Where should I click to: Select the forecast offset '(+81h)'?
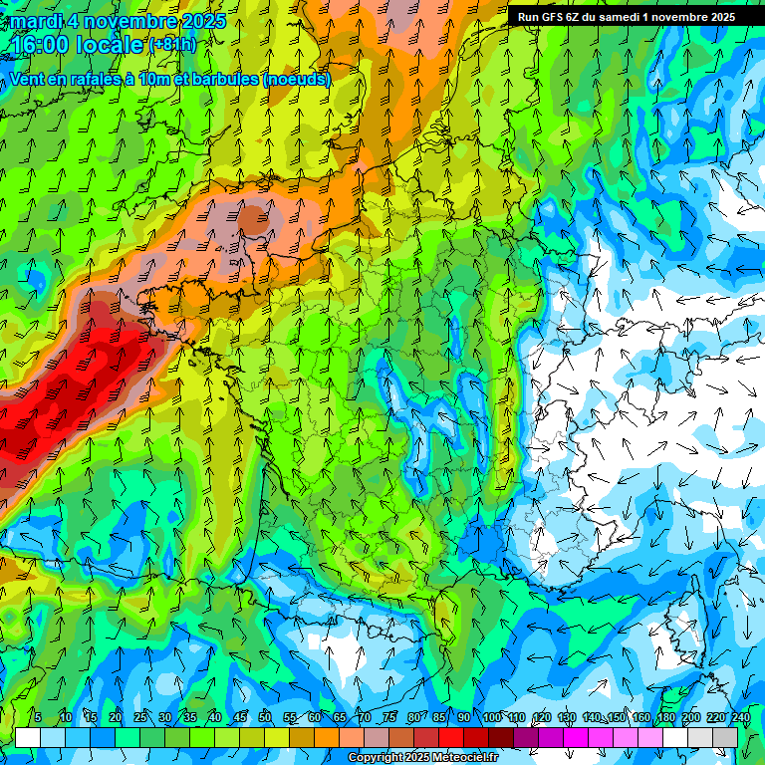172,46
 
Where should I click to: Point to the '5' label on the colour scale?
38,717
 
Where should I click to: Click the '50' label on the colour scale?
265,717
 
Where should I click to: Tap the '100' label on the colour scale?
492,717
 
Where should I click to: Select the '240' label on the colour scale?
741,717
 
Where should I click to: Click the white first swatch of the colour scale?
28,737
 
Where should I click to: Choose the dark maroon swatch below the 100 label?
501,737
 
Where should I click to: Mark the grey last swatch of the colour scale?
725,737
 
